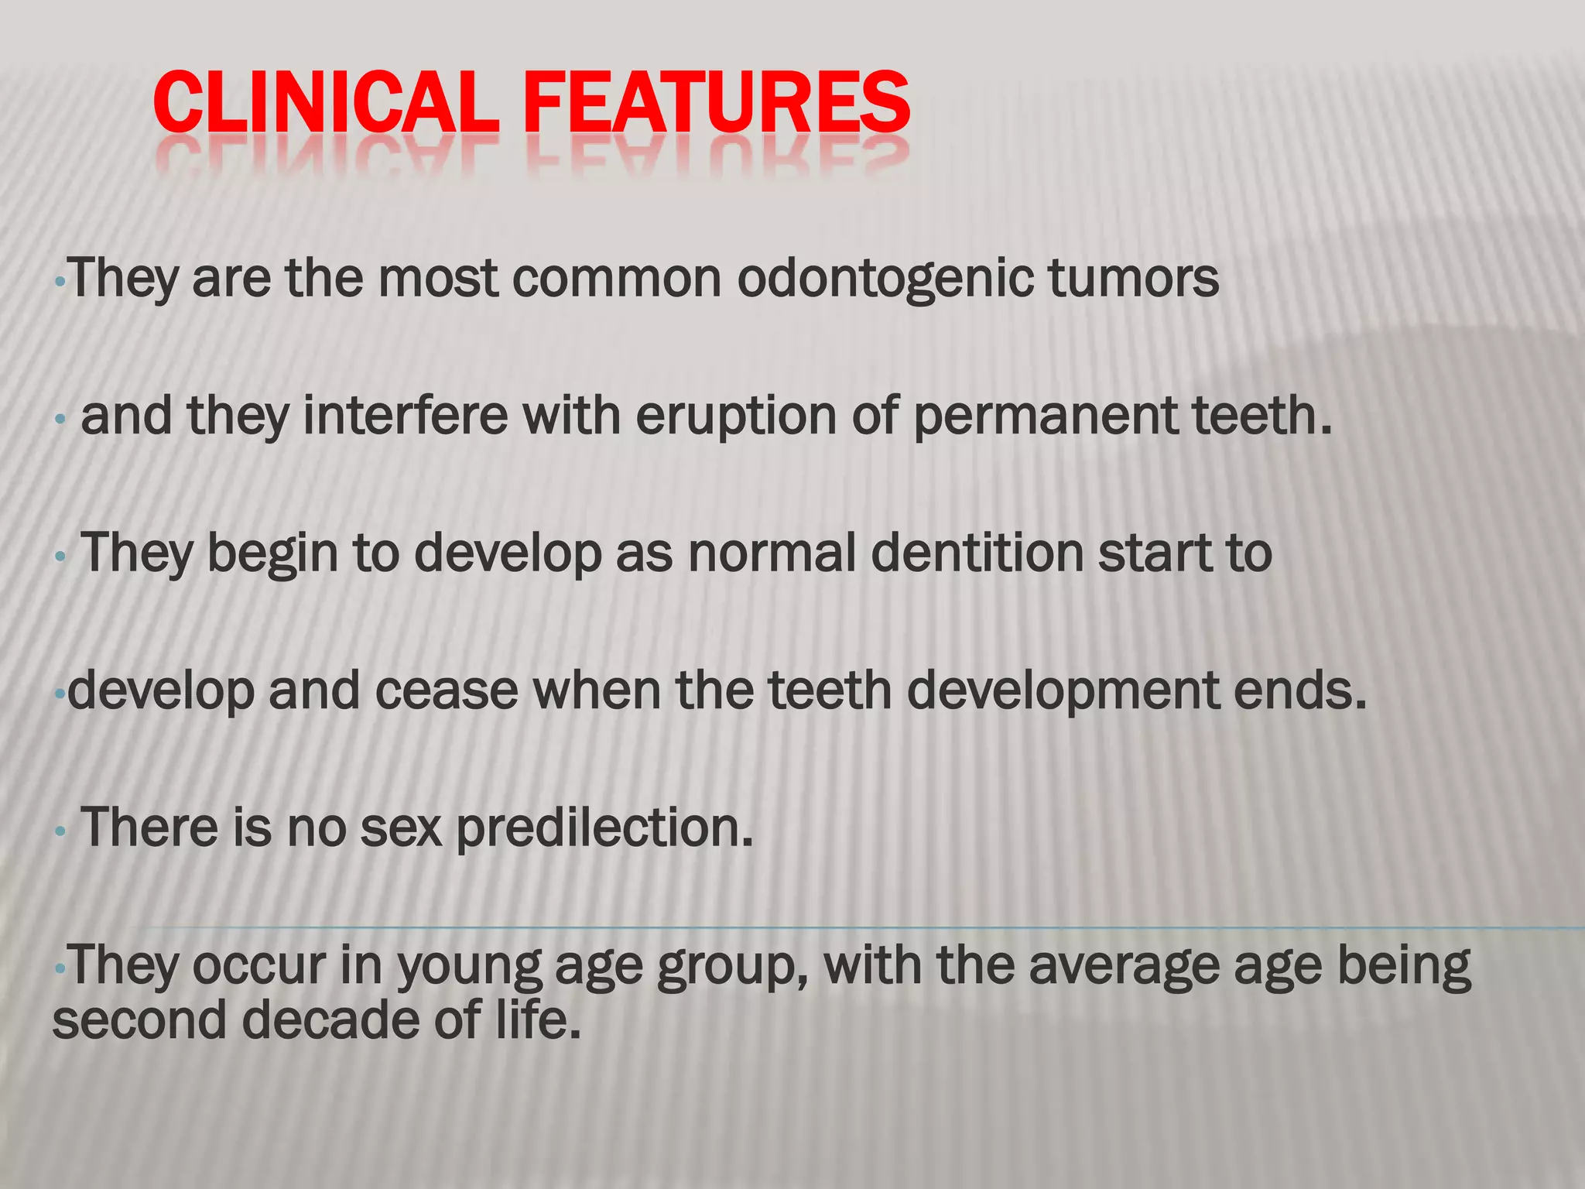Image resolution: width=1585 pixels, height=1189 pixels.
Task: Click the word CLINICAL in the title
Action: point(325,102)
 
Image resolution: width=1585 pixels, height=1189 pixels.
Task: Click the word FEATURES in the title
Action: point(716,102)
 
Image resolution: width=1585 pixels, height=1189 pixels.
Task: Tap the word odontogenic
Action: point(885,279)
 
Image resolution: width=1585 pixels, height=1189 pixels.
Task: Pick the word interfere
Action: point(406,416)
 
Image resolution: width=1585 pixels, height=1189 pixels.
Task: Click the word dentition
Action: point(977,553)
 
